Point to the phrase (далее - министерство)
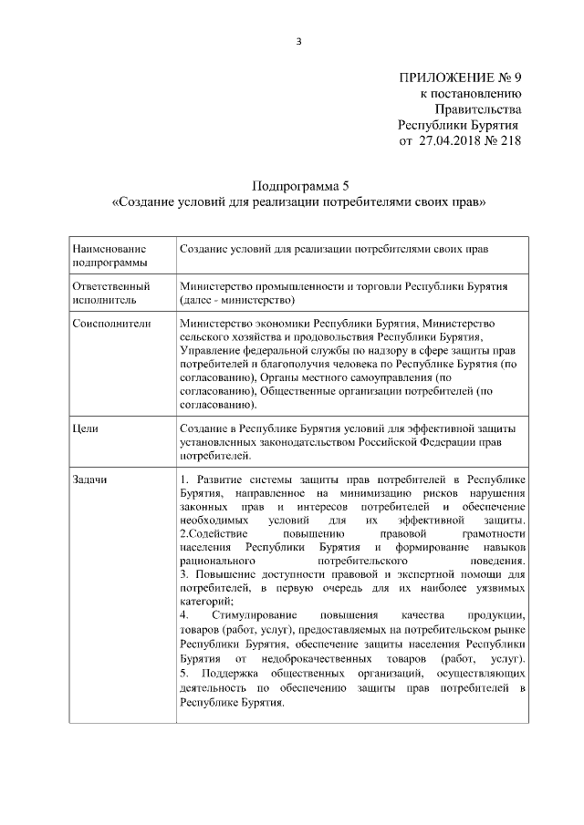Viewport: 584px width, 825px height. (236, 299)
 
